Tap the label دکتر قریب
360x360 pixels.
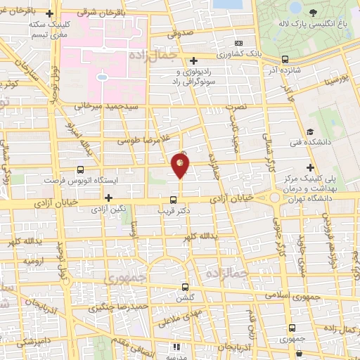click(x=174, y=210)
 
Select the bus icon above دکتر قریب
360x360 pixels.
click(x=174, y=199)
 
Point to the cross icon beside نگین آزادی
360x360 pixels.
click(x=108, y=198)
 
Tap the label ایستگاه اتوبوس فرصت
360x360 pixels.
click(x=79, y=180)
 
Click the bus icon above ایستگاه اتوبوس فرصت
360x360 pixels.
click(x=79, y=169)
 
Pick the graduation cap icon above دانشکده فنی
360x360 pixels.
click(x=309, y=132)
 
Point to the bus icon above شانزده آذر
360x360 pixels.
click(x=284, y=60)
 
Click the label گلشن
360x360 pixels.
click(x=185, y=297)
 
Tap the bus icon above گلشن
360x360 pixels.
click(x=185, y=287)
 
